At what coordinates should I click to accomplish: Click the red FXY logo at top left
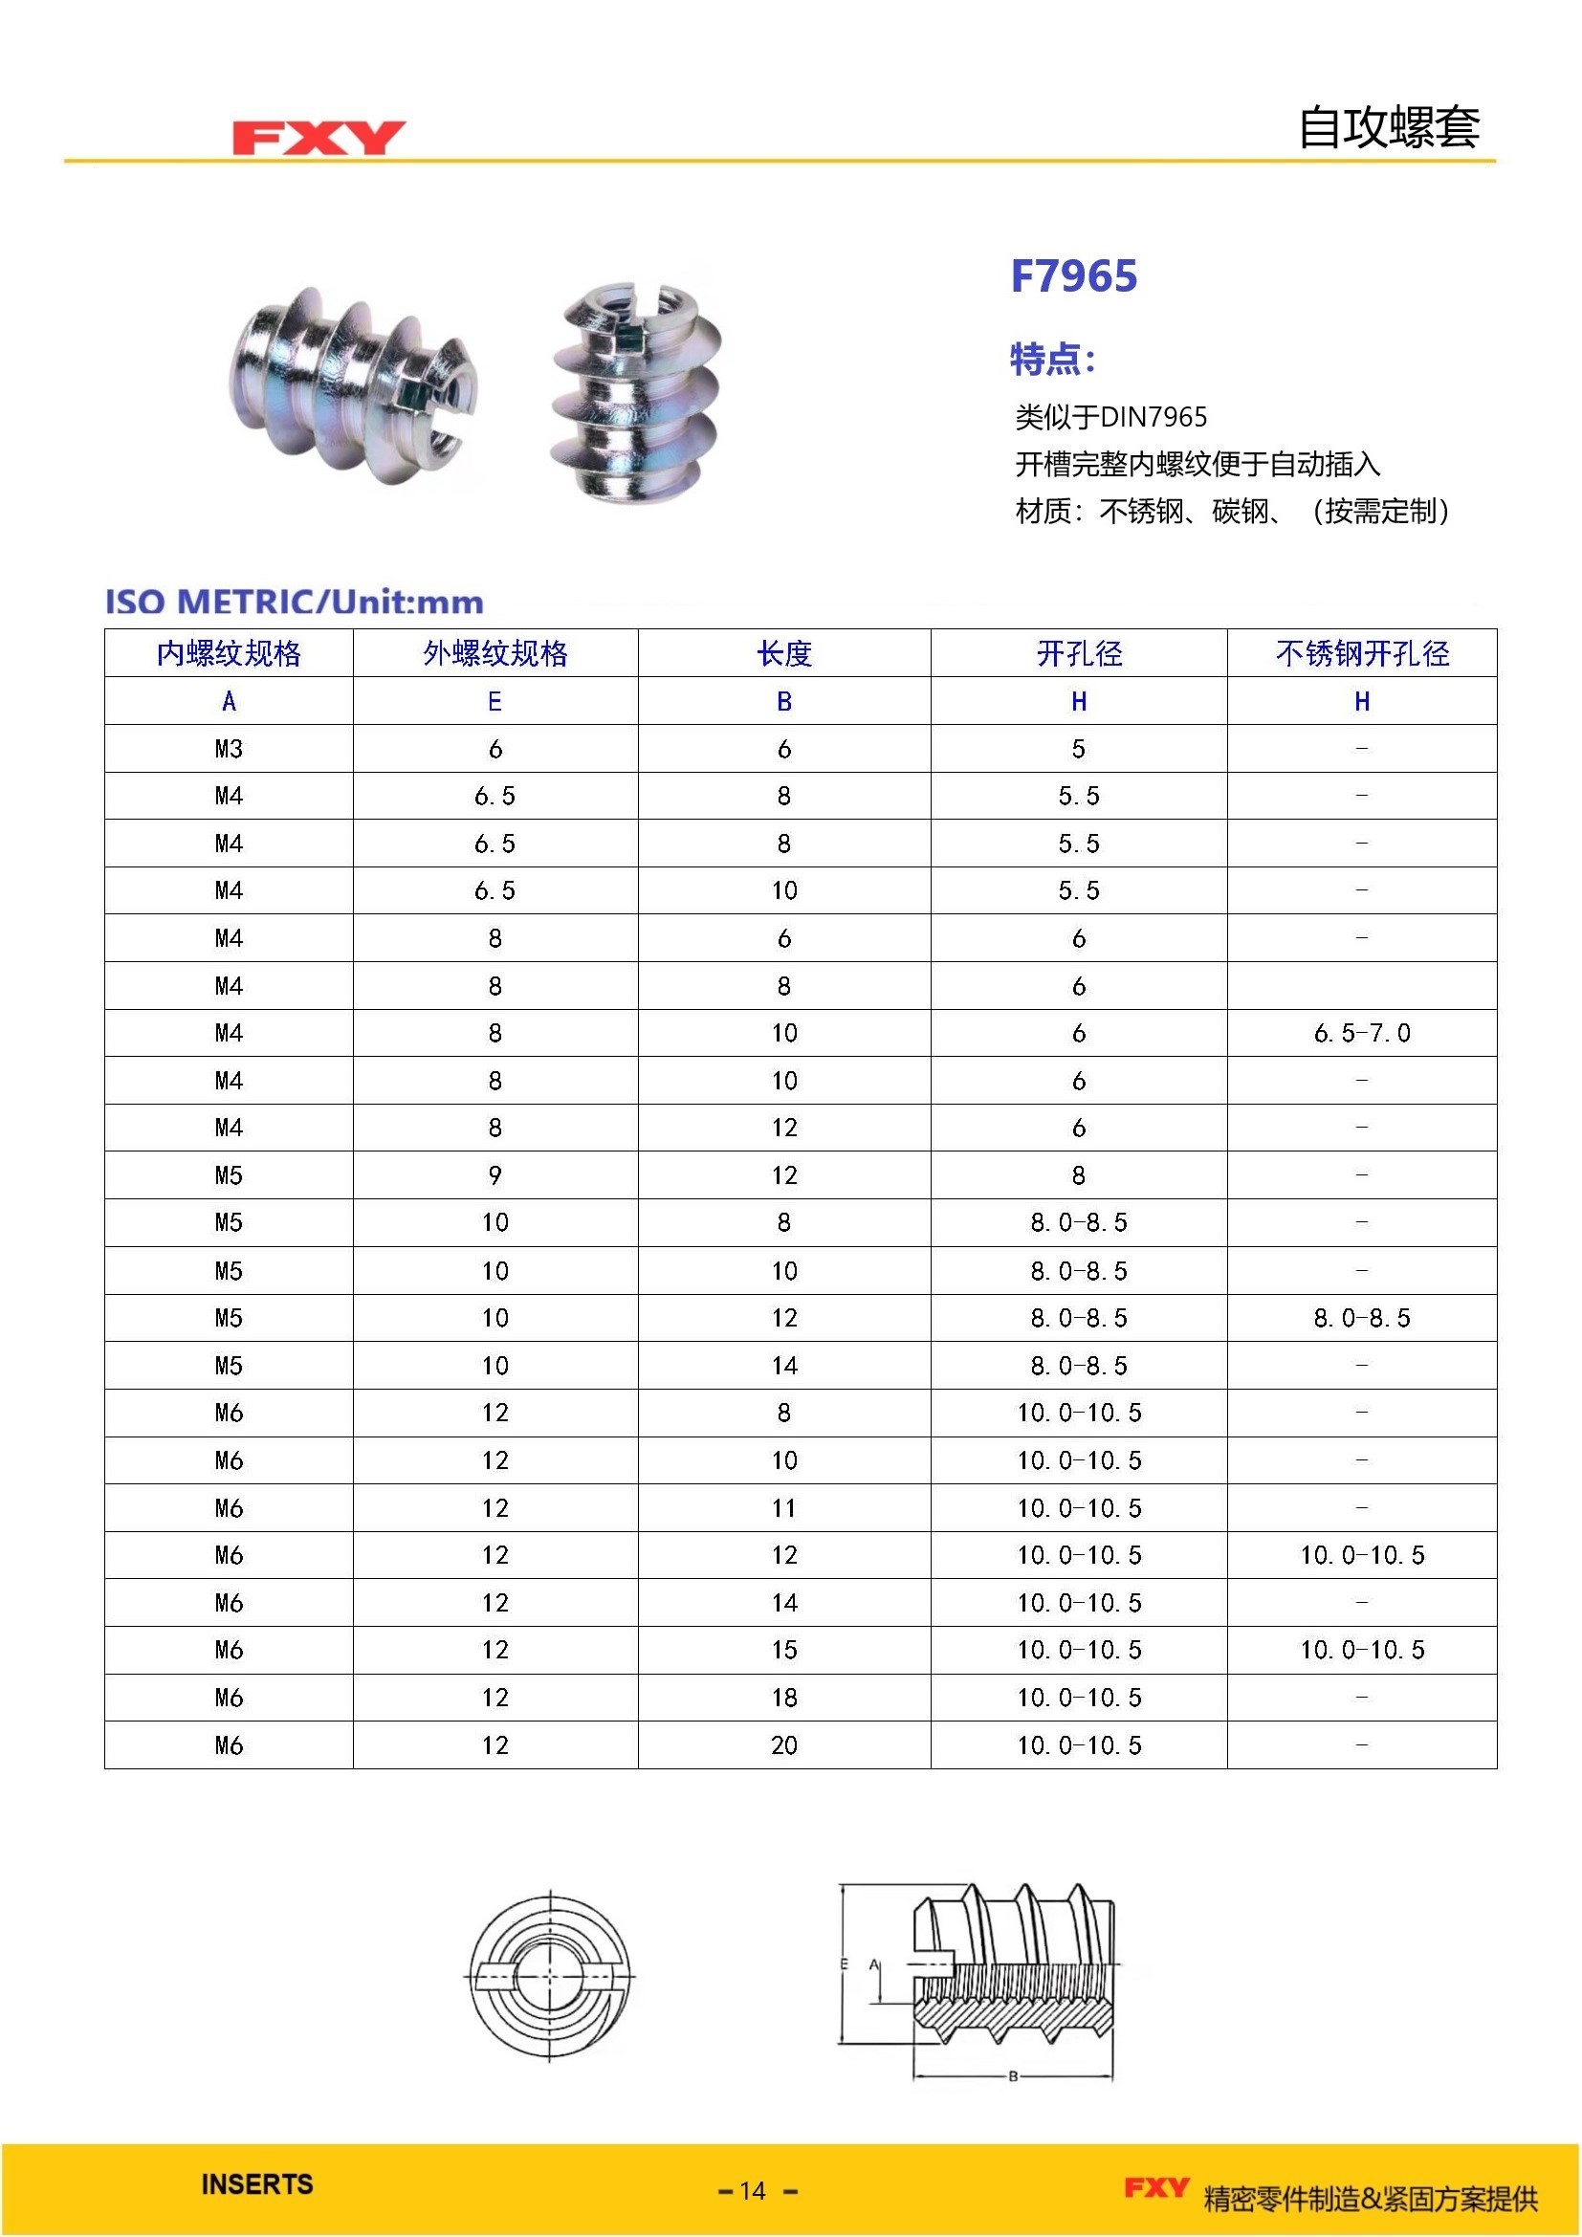click(x=319, y=138)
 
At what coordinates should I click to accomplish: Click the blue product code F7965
click(x=1073, y=275)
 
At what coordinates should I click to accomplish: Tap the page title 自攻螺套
click(x=1388, y=127)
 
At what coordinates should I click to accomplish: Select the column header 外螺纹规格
click(x=494, y=653)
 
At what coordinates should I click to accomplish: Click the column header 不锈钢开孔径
click(x=1362, y=653)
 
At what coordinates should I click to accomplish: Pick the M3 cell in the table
click(x=229, y=748)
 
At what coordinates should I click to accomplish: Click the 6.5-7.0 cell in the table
click(x=1362, y=1033)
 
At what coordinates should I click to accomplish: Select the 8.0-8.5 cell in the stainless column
click(x=1362, y=1317)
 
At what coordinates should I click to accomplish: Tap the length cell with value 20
click(x=784, y=1745)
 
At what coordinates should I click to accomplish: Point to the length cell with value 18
click(x=784, y=1698)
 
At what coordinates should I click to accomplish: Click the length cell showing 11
click(x=784, y=1507)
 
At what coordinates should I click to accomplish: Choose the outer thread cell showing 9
click(x=494, y=1175)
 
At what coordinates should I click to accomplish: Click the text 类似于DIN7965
click(x=1110, y=417)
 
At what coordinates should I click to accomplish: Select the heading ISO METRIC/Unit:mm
click(x=295, y=602)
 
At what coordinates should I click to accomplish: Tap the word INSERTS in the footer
click(x=257, y=2183)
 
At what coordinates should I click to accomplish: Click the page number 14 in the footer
click(x=753, y=2191)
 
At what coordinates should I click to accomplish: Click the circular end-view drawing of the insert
click(x=551, y=1975)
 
